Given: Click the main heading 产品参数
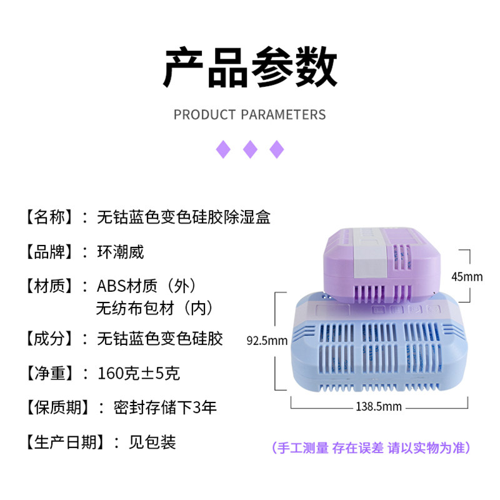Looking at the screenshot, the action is [250, 67].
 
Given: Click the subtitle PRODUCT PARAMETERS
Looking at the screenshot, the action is [250, 115].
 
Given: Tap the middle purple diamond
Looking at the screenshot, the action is [250, 149].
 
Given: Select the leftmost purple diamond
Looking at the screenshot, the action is [223, 149].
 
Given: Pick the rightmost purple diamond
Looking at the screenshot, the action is [276, 149].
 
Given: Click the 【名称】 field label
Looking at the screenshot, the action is [50, 217].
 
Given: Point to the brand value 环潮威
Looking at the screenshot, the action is [121, 252].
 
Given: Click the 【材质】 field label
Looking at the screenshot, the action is [50, 287].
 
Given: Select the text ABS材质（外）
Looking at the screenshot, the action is [147, 287].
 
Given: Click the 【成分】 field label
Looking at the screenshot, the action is [50, 339].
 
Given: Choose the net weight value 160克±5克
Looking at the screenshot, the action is [139, 374].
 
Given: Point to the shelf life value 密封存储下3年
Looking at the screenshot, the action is [166, 408].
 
